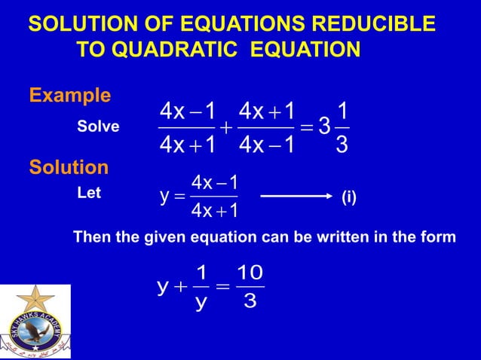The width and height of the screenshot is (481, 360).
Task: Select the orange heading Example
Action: click(69, 96)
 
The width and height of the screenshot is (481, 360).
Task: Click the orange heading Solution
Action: click(69, 166)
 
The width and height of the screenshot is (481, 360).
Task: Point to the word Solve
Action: click(98, 127)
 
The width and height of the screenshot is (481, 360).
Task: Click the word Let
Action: click(89, 193)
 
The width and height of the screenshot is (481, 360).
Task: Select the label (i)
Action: click(349, 199)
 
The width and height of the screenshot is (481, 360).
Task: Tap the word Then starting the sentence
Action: click(91, 237)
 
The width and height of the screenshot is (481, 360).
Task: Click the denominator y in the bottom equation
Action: click(199, 303)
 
